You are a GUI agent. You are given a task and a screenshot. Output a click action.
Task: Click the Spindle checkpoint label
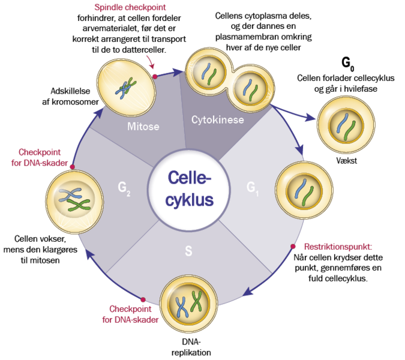[x=130, y=8]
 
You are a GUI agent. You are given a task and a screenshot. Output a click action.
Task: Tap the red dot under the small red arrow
[x=154, y=76]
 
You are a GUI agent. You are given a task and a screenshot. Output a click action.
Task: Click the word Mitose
[x=143, y=127]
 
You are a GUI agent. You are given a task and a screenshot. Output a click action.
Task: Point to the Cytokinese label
[x=217, y=120]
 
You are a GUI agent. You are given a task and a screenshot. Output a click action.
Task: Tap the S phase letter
[x=188, y=251]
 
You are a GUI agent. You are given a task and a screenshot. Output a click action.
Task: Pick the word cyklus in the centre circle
[x=190, y=200]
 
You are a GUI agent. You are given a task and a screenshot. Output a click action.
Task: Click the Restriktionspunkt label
[x=338, y=246]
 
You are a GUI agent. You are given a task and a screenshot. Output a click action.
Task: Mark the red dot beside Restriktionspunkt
[x=293, y=246]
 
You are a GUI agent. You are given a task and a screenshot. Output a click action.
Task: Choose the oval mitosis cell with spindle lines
[x=127, y=88]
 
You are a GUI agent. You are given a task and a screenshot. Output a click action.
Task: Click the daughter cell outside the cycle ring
[x=346, y=125]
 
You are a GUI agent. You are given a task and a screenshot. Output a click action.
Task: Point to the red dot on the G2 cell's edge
[x=72, y=166]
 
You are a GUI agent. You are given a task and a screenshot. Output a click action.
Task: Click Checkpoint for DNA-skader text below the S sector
[x=134, y=314]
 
